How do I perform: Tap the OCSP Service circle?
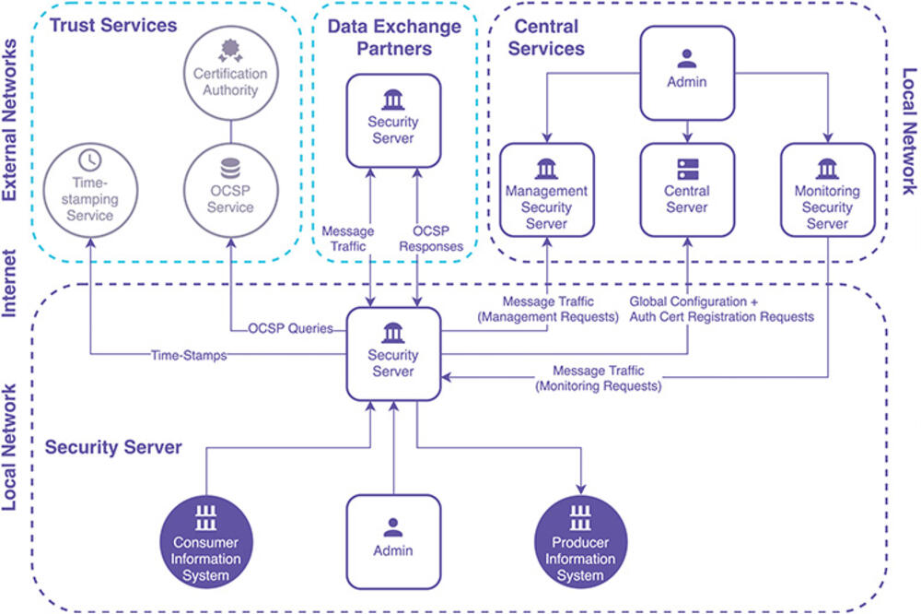[x=229, y=188]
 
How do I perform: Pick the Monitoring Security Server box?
[x=827, y=191]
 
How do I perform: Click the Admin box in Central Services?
[x=687, y=73]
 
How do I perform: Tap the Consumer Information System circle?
[x=205, y=544]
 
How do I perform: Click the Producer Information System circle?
[x=580, y=544]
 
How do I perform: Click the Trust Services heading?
[x=112, y=25]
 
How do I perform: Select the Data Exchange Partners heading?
[x=394, y=37]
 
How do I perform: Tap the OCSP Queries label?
[x=290, y=328]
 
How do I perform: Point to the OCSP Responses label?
[x=438, y=238]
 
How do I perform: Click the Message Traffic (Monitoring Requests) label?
[x=599, y=378]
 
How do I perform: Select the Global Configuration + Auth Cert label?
[x=721, y=309]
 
